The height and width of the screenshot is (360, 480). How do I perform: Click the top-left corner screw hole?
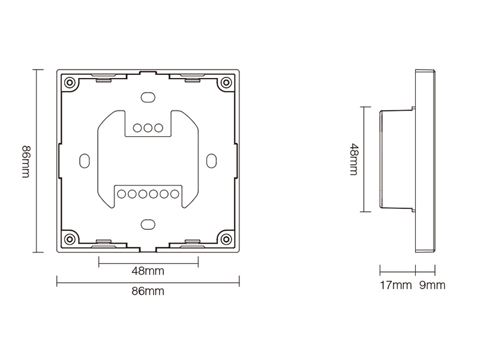click(x=70, y=82)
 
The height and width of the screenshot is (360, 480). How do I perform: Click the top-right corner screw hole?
click(x=226, y=82)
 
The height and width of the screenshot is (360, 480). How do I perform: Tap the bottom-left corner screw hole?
click(x=70, y=239)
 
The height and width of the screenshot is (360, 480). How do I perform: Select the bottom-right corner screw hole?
click(x=226, y=239)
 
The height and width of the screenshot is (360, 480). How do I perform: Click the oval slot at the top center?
click(x=148, y=97)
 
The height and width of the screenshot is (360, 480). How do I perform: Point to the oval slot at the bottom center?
click(x=148, y=224)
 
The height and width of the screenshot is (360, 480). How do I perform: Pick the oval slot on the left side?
click(x=85, y=161)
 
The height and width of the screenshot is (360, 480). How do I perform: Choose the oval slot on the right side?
click(x=212, y=161)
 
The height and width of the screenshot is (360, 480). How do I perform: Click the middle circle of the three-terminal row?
click(x=148, y=128)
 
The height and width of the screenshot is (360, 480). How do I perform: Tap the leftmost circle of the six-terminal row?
click(x=122, y=194)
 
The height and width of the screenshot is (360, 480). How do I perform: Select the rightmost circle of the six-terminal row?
click(x=175, y=194)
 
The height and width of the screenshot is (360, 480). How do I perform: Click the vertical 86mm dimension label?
click(x=26, y=161)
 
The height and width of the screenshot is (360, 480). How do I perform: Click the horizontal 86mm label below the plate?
click(x=148, y=291)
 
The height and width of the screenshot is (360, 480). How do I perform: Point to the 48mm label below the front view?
click(x=148, y=271)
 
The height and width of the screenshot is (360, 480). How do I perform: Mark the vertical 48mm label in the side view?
click(x=354, y=159)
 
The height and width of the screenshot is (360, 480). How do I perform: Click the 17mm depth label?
click(x=396, y=286)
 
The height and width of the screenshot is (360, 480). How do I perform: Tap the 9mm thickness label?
click(x=432, y=286)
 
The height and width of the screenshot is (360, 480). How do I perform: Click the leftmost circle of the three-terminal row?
click(x=137, y=128)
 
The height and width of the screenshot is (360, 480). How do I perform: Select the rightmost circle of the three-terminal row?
click(x=158, y=128)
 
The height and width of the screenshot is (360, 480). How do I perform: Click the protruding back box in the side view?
click(x=397, y=159)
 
